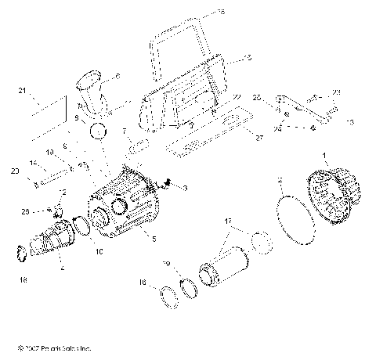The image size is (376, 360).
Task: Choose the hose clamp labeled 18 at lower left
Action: point(22,254)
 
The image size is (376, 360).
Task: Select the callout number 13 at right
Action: point(349,122)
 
